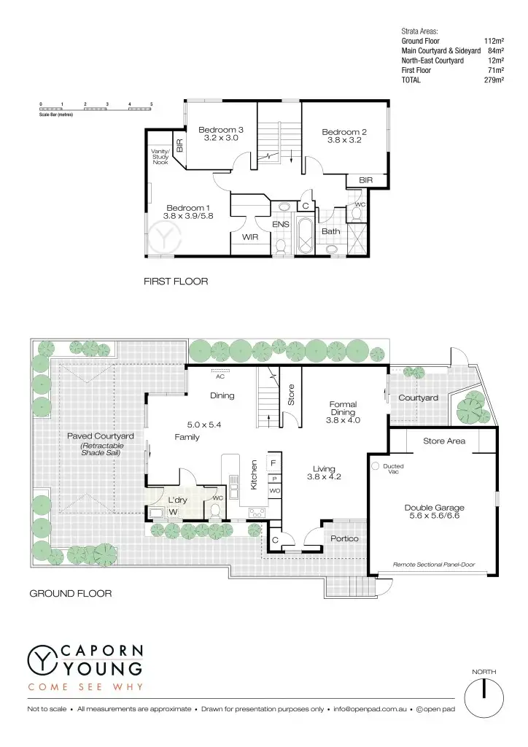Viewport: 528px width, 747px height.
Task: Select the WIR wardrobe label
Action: tap(250, 236)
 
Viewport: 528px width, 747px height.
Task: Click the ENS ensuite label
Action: tap(281, 225)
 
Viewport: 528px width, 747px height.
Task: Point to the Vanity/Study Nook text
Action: tap(160, 156)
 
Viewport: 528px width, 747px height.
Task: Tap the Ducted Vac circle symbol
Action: tap(375, 465)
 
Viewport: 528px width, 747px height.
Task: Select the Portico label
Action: tap(343, 538)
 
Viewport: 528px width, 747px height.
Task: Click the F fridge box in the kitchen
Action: tap(273, 463)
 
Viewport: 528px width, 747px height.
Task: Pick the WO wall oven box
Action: tap(274, 491)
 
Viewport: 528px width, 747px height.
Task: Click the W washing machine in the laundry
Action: tap(173, 512)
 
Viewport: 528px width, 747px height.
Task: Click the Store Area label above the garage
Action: tap(444, 441)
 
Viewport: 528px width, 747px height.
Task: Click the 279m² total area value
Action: tap(494, 80)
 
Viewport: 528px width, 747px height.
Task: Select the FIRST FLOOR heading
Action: tap(176, 281)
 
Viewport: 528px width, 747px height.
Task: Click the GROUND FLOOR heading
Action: tap(70, 594)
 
